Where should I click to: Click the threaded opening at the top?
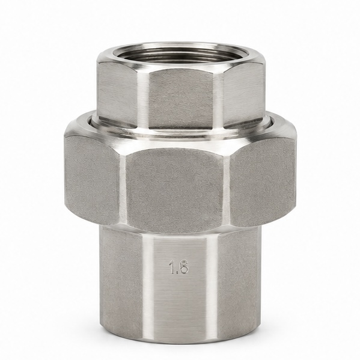pyautogui.click(x=180, y=55)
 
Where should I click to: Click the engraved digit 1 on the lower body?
pyautogui.click(x=171, y=267)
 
